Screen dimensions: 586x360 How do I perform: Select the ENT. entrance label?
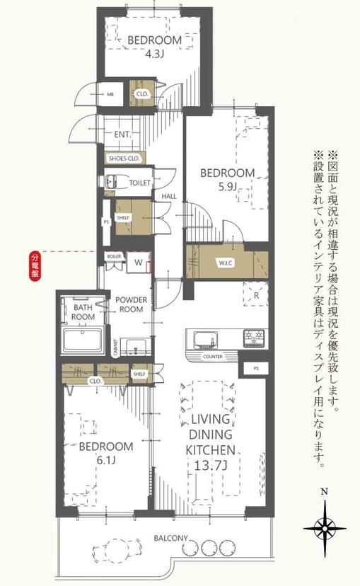click(x=122, y=134)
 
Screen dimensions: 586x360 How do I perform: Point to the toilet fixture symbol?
click(x=112, y=182)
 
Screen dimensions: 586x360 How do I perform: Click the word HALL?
click(x=169, y=196)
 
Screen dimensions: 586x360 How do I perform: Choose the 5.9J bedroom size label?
click(x=228, y=187)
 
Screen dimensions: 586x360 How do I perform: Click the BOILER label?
click(x=114, y=255)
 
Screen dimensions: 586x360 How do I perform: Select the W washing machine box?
click(x=139, y=263)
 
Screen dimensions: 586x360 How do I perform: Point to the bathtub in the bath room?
click(x=83, y=340)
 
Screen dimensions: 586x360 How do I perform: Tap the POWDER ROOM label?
click(x=132, y=305)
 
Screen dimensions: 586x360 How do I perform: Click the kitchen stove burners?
click(x=254, y=337)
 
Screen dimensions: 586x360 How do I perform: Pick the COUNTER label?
click(x=212, y=357)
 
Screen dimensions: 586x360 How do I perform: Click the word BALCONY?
click(x=170, y=538)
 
